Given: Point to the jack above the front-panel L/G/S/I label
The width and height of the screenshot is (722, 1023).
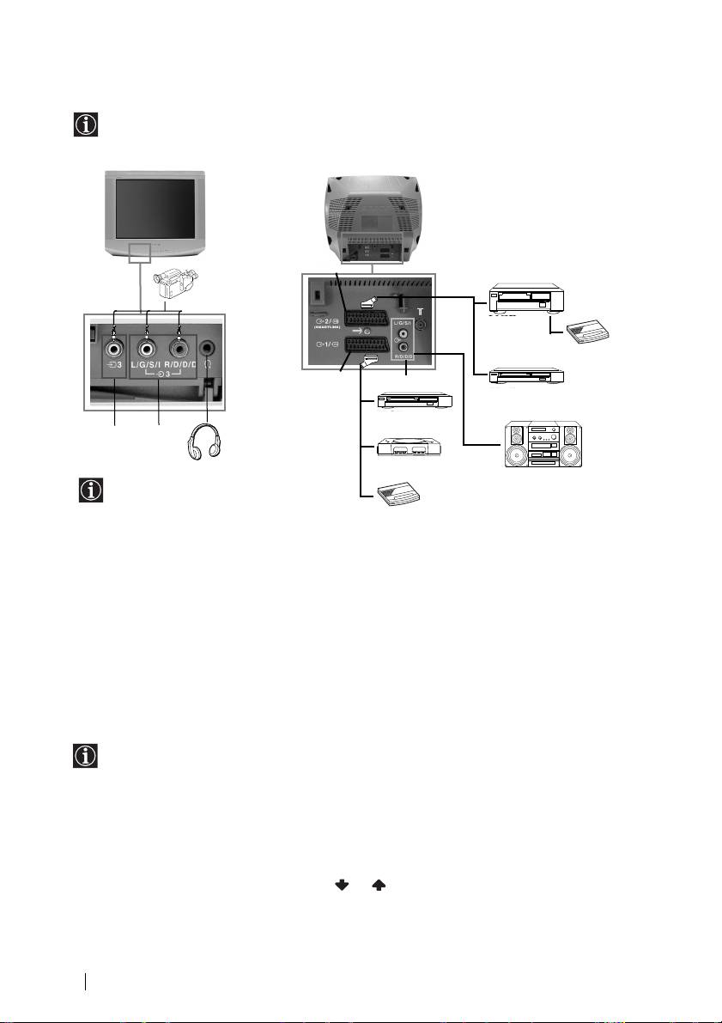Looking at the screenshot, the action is [x=148, y=350].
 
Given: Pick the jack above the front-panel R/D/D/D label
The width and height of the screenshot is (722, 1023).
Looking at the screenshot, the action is [x=179, y=349].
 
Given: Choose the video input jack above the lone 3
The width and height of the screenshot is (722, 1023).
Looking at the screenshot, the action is [x=114, y=350].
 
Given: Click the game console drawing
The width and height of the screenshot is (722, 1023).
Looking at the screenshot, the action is [x=411, y=448].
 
